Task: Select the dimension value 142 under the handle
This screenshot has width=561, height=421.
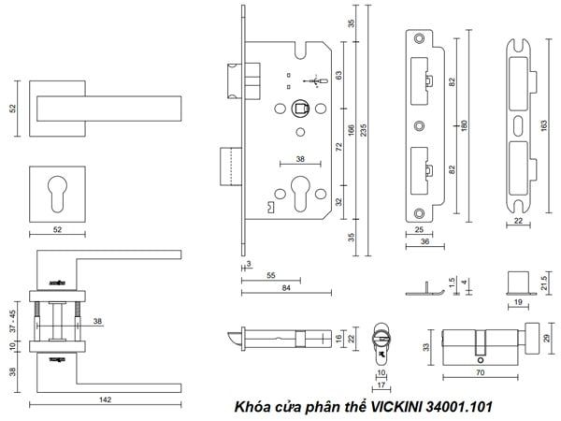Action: click(105, 399)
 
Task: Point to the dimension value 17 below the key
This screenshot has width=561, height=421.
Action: click(381, 383)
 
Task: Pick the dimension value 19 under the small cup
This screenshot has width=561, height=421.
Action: click(516, 302)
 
